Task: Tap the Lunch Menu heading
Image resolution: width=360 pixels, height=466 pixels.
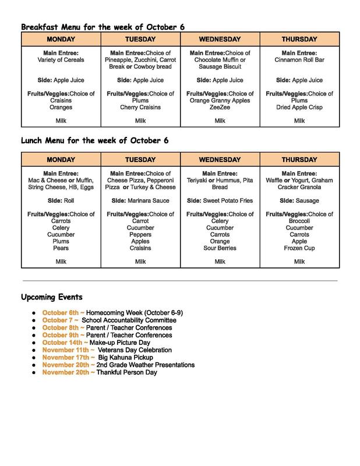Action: (94, 141)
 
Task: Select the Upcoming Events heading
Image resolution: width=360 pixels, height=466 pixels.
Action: (52, 297)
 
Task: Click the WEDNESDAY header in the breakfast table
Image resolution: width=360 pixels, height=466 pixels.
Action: (220, 38)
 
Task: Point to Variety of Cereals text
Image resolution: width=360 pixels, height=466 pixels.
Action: (61, 59)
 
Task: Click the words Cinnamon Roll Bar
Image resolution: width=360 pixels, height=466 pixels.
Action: (299, 59)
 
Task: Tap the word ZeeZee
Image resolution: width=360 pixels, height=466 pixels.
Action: (220, 107)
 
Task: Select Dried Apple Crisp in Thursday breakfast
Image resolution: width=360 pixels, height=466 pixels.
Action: (299, 107)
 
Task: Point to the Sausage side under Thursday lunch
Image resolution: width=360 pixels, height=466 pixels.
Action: (309, 200)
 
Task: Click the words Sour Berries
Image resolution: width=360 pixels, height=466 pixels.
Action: (220, 248)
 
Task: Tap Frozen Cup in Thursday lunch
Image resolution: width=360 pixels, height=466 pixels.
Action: (299, 248)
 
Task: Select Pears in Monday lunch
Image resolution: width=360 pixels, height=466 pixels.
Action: (61, 248)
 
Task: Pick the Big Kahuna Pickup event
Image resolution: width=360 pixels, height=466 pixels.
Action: (125, 357)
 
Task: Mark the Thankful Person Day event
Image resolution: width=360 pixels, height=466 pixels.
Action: (127, 372)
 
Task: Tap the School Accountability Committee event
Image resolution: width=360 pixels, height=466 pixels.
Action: (129, 320)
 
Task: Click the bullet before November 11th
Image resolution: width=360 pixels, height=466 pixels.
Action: (36, 351)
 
